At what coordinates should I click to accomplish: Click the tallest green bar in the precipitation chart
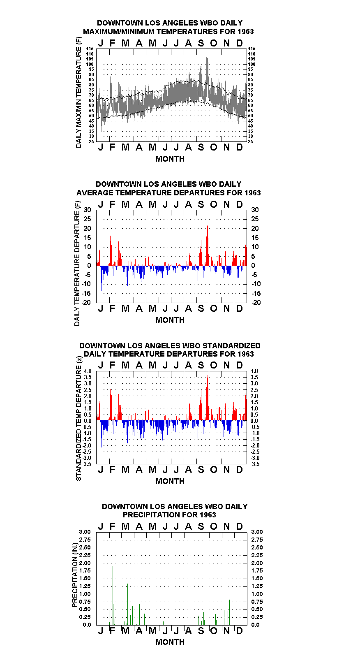click(x=113, y=595)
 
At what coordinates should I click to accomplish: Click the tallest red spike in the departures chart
click(x=207, y=243)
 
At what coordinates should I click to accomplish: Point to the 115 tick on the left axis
click(x=90, y=49)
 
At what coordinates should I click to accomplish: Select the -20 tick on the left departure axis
click(x=86, y=302)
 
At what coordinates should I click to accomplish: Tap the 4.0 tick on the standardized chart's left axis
click(x=88, y=371)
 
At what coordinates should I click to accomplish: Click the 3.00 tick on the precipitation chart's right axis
click(x=257, y=532)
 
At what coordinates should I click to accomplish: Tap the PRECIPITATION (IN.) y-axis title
click(x=75, y=575)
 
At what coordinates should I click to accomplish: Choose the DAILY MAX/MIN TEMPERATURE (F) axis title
click(x=78, y=93)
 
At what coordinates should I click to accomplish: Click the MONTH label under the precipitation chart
click(x=170, y=642)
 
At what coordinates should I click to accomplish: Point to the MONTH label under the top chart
click(x=170, y=159)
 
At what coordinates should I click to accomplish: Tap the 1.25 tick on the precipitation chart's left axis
click(x=85, y=586)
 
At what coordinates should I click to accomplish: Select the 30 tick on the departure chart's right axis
click(x=255, y=210)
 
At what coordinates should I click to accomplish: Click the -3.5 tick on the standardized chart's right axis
click(x=255, y=464)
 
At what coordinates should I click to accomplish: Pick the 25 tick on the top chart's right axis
click(x=251, y=141)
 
